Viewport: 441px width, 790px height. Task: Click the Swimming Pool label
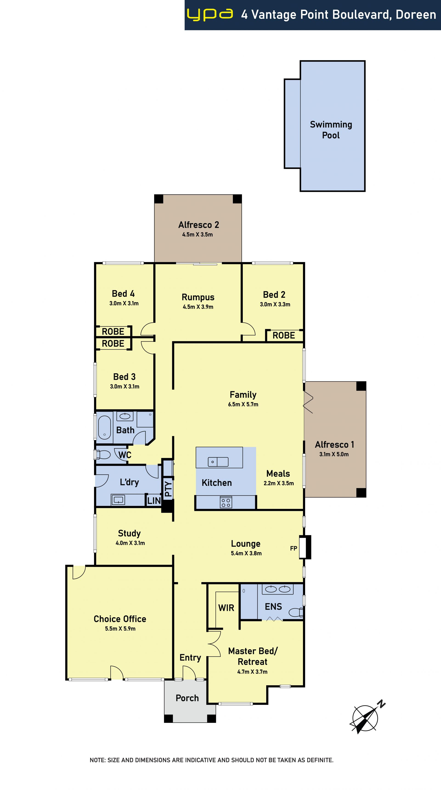[x=331, y=130]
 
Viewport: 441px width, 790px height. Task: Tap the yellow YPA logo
[x=210, y=15]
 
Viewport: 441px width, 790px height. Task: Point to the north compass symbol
[x=367, y=717]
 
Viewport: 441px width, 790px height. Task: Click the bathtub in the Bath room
[x=104, y=428]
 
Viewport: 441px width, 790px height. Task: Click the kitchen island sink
[x=218, y=462]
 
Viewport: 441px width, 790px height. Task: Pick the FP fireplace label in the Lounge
[x=294, y=548]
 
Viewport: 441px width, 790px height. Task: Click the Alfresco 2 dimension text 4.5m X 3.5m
[x=198, y=235]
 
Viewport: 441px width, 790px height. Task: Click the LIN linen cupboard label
[x=154, y=501]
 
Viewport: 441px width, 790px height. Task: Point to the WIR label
[x=226, y=608]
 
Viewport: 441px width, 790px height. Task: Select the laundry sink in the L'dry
[x=118, y=500]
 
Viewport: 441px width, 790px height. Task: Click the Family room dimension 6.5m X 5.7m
[x=243, y=405]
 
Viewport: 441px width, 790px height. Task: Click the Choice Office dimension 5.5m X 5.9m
[x=120, y=629]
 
